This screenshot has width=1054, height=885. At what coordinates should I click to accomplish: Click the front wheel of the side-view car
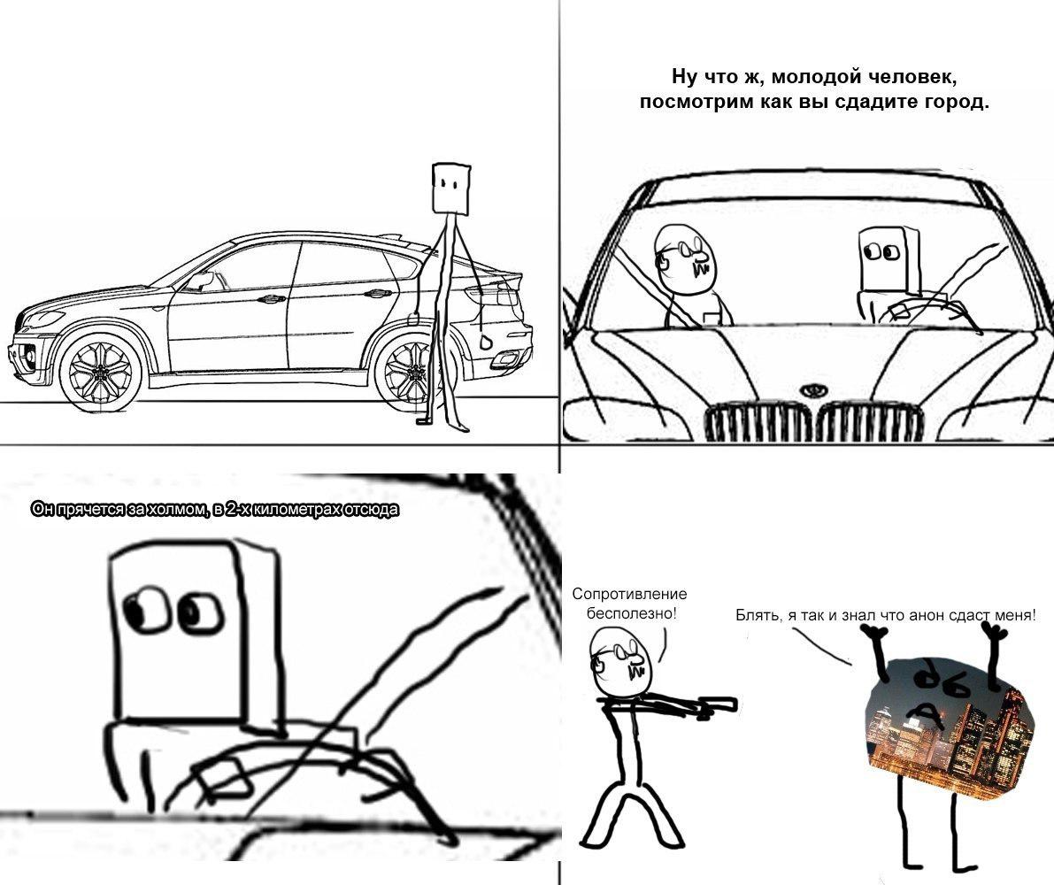click(101, 371)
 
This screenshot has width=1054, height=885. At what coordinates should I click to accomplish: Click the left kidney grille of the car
click(758, 421)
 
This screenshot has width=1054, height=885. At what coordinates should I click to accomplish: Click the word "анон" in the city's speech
click(927, 614)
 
